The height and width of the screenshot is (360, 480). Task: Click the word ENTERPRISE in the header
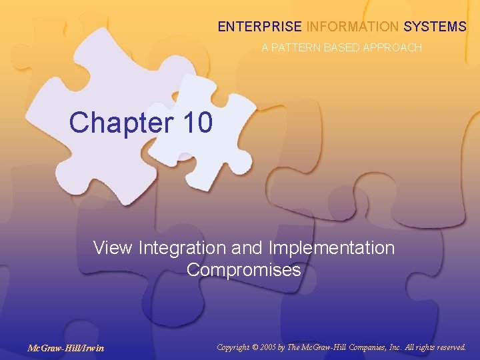click(259, 27)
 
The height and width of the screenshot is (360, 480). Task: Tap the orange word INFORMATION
click(352, 27)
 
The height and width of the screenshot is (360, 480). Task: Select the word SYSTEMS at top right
click(435, 27)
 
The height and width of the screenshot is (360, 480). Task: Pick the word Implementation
click(331, 249)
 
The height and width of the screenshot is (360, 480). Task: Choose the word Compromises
click(244, 271)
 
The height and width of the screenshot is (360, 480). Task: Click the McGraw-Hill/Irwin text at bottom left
click(65, 348)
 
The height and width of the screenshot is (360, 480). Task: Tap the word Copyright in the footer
click(236, 347)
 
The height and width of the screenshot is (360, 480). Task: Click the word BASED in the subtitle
click(340, 48)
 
